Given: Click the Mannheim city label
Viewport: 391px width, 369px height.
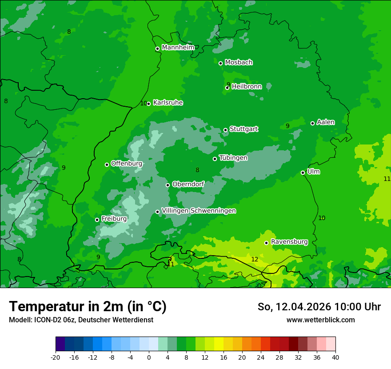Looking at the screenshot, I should (178, 48).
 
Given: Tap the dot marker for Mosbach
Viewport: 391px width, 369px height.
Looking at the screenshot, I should (220, 63).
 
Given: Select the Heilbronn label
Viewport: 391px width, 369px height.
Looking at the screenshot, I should (247, 87).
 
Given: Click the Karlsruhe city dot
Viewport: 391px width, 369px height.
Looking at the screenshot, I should (148, 104).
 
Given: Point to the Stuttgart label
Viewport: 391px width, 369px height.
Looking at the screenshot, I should (243, 129).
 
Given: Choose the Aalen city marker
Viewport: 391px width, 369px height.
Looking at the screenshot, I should (312, 123).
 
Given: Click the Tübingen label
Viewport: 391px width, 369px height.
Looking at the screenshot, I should (233, 158).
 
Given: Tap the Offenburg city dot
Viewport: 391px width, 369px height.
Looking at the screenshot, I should (107, 164).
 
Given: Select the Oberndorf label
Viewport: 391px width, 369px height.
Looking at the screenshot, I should (188, 184).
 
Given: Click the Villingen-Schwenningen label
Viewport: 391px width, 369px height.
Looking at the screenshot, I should (199, 211).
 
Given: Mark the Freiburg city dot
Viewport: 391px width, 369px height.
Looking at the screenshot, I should (97, 220).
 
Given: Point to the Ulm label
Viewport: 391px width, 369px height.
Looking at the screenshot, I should (313, 172).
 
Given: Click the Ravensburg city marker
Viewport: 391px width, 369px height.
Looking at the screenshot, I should (266, 243).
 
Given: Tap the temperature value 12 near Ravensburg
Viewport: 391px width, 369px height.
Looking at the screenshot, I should (255, 259).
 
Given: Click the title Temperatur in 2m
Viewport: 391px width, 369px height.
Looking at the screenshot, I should (88, 306).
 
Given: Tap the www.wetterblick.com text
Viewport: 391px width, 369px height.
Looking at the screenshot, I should (320, 320).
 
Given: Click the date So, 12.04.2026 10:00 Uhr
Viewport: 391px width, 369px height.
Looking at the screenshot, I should (319, 307).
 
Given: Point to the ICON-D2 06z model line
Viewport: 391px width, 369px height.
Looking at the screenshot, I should (81, 320).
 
